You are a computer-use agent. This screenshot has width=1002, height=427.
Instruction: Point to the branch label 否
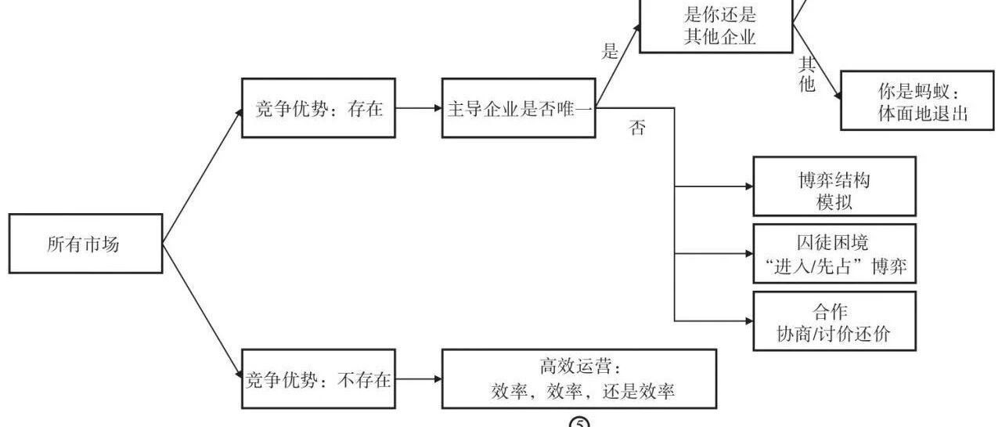(x=637, y=128)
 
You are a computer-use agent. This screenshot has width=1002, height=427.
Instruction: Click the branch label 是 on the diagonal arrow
(x=610, y=51)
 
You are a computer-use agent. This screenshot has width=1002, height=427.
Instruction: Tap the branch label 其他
(x=807, y=74)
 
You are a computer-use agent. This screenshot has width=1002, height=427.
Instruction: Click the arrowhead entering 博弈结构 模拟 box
(x=749, y=186)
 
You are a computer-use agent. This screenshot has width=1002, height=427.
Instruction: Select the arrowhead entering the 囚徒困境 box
(x=749, y=254)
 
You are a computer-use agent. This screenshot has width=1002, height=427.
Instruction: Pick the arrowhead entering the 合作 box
(x=749, y=321)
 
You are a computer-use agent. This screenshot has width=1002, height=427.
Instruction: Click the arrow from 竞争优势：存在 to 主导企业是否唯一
(x=419, y=108)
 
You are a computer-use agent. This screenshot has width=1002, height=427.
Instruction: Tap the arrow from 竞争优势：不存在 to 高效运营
(x=419, y=379)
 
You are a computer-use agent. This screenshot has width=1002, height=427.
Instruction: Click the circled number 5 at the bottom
(x=579, y=422)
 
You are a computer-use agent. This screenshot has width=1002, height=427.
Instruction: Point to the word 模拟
(x=834, y=202)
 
